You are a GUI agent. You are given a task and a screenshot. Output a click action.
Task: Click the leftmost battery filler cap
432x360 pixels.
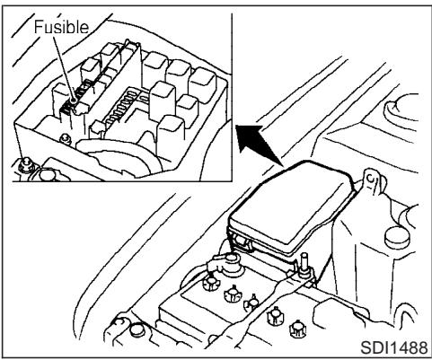pyautogui.click(x=214, y=285)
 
